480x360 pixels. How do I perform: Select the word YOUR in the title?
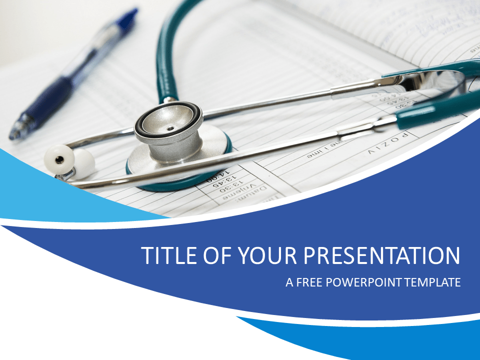click(266, 255)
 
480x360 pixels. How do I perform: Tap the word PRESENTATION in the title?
click(382, 255)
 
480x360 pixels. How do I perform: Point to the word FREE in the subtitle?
click(310, 282)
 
